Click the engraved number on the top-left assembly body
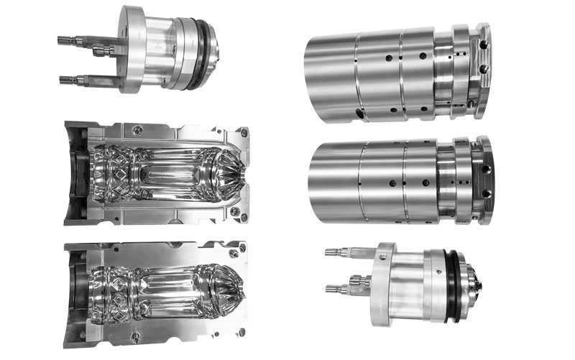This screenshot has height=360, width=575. (155, 45)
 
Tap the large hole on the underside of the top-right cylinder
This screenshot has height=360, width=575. (357, 114)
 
